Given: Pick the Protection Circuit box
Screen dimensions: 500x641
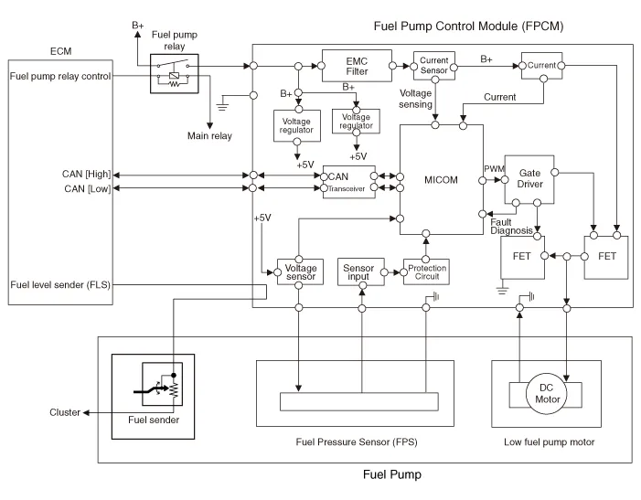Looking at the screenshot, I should (x=425, y=271).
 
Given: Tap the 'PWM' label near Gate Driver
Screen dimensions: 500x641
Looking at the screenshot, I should (x=494, y=167).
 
